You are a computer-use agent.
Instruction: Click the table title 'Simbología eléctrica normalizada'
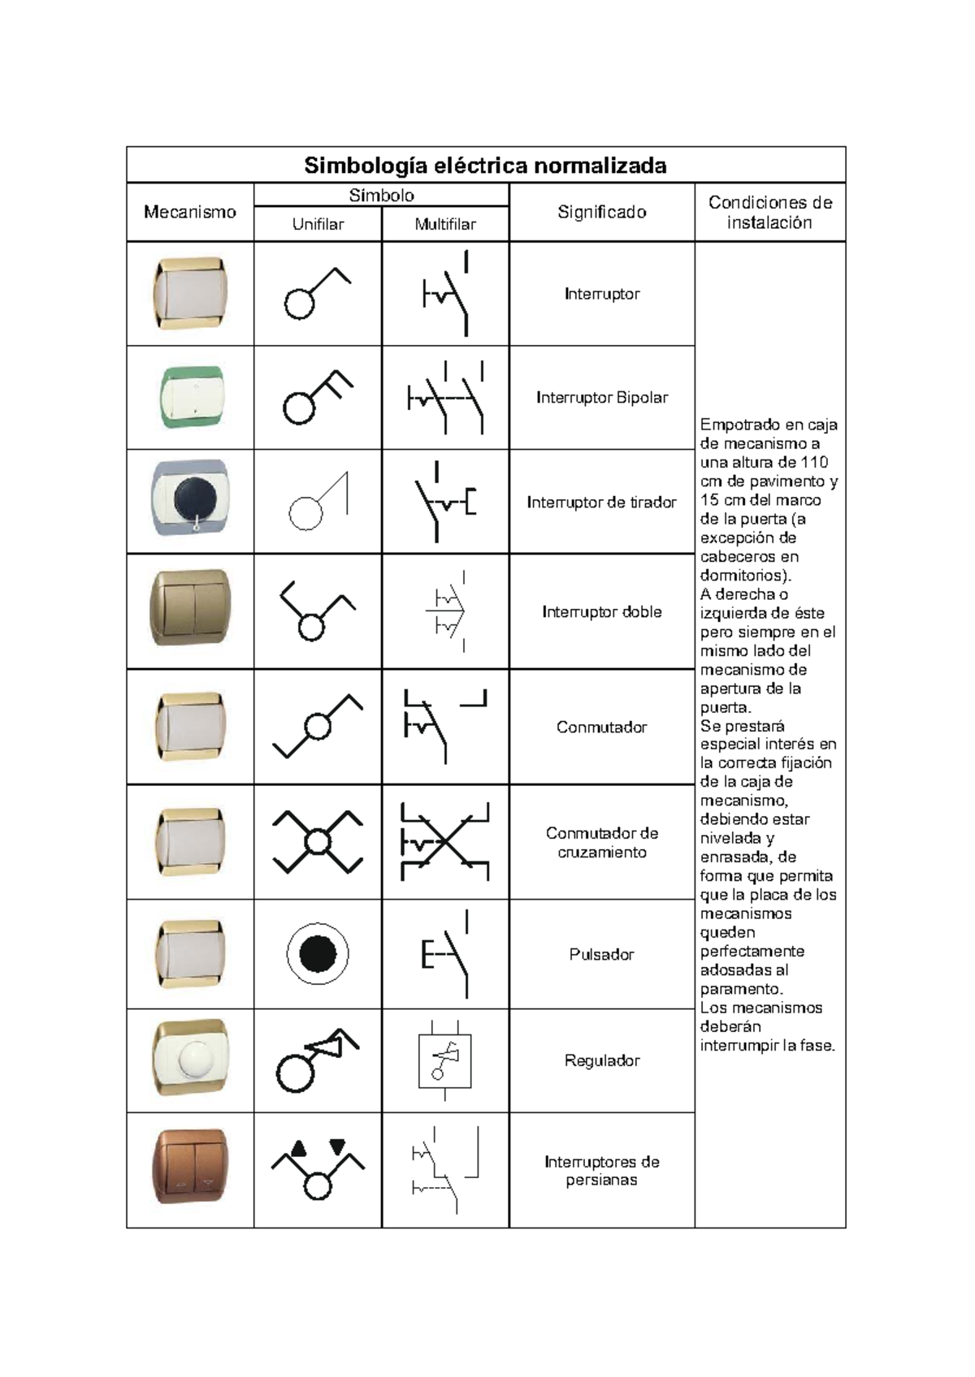(x=485, y=166)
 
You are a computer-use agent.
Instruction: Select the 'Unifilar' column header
(x=318, y=224)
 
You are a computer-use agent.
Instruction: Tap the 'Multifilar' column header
(x=445, y=224)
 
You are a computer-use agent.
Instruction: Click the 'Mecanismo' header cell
(x=189, y=212)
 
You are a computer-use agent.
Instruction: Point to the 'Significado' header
(x=601, y=212)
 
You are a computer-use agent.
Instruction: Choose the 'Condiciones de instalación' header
(x=769, y=212)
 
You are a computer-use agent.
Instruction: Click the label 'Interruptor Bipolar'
(x=601, y=398)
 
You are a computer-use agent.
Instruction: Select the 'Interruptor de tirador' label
(x=601, y=503)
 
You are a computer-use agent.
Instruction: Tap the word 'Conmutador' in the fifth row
(x=601, y=727)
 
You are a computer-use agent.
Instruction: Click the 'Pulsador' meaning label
(x=601, y=955)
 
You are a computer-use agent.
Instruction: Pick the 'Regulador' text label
(x=601, y=1060)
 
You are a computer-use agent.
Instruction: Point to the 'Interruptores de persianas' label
(x=601, y=1171)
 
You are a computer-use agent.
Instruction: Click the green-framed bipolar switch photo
(x=190, y=397)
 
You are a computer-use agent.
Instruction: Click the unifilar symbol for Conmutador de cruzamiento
(x=318, y=842)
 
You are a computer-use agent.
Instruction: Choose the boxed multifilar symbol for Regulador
(x=444, y=1060)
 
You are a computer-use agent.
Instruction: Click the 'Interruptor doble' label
(x=601, y=612)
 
